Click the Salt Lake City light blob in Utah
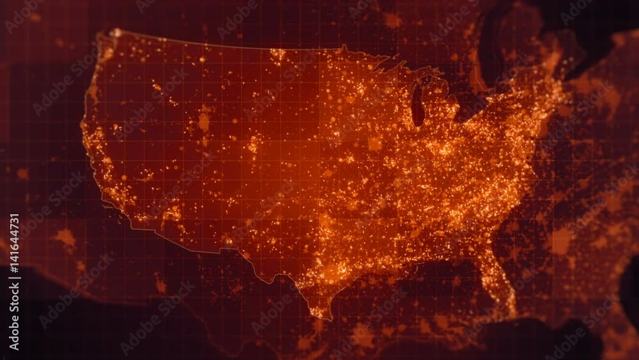click(204, 120)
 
